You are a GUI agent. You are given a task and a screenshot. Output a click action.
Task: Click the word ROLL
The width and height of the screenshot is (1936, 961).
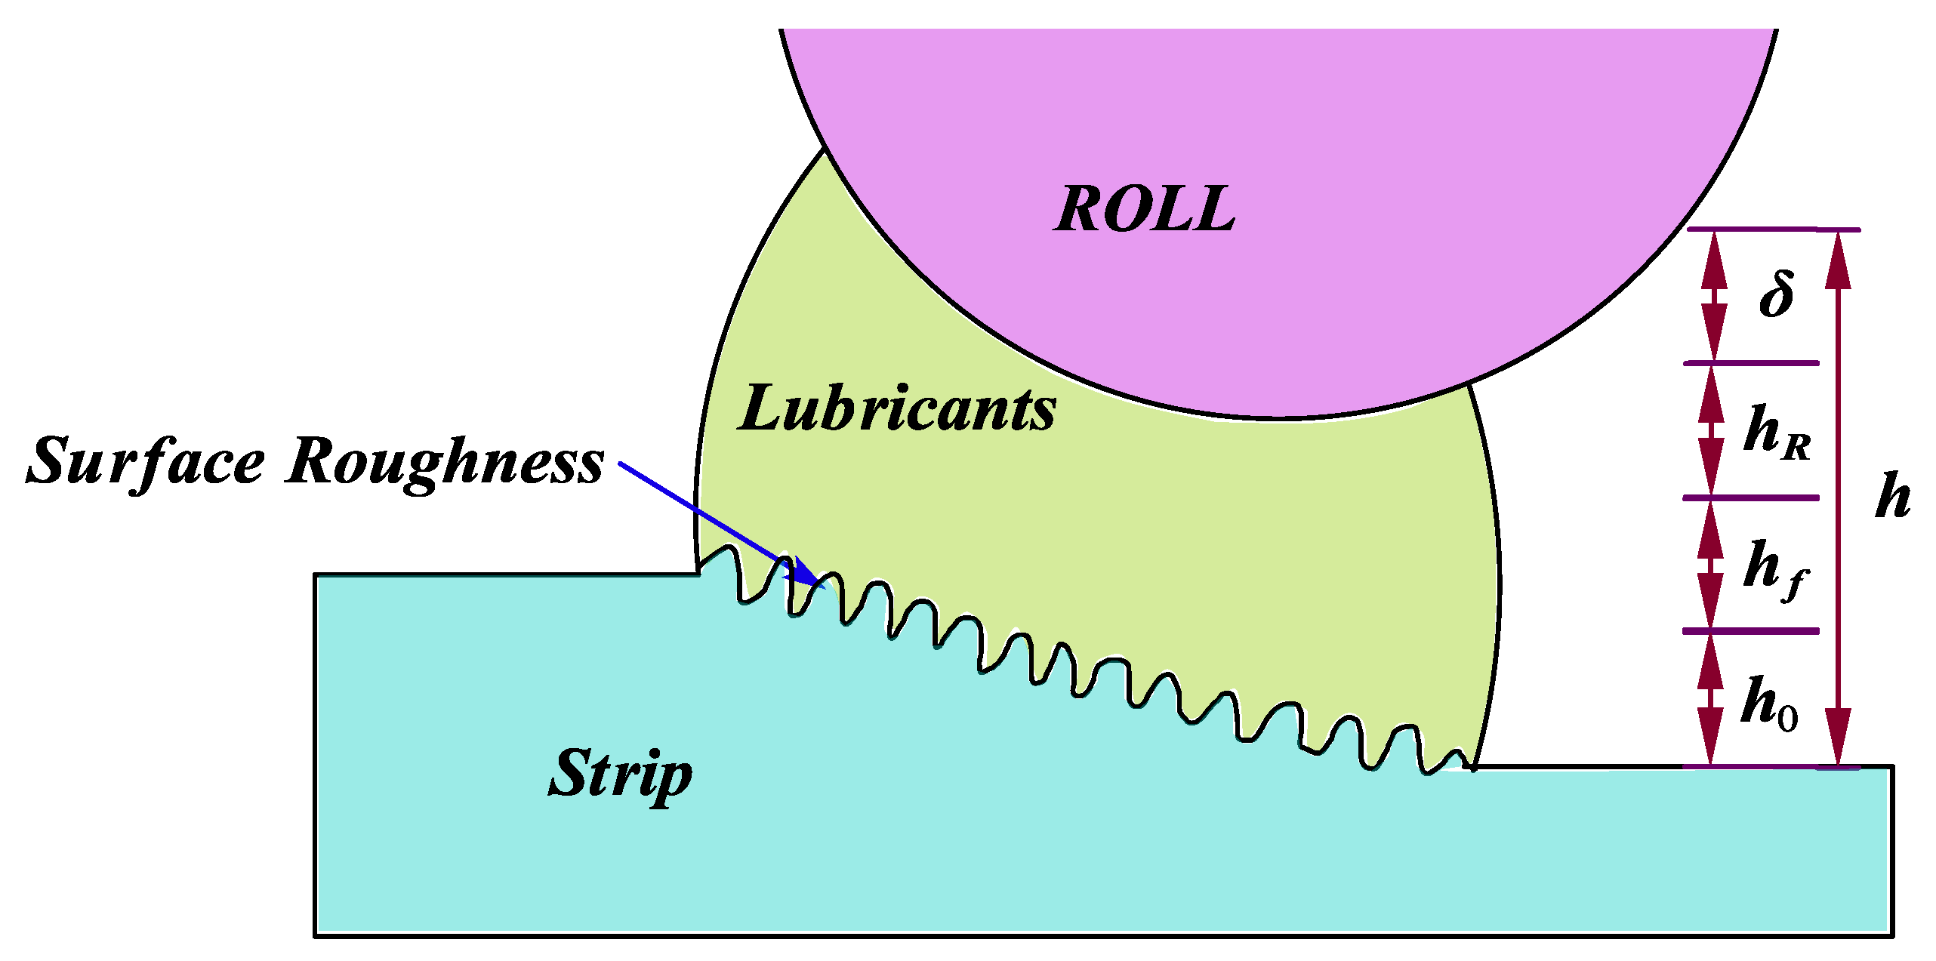point(1145,209)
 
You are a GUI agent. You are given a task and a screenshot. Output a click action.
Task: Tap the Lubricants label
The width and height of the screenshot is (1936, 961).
point(897,408)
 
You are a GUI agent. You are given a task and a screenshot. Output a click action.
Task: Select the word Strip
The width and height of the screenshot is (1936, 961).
point(620,773)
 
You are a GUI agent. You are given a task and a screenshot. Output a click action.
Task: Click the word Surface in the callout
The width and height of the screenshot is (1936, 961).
point(146,461)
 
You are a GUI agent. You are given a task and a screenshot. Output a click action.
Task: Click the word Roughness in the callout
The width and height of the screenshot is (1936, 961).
point(445,461)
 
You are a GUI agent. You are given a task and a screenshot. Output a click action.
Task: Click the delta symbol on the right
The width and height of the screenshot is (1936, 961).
point(1777,294)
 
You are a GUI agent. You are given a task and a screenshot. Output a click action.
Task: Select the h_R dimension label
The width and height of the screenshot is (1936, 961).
point(1777,431)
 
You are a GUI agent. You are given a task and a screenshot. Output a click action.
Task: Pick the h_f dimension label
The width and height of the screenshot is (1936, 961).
point(1775,568)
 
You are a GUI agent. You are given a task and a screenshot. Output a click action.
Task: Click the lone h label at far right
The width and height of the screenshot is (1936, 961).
point(1893,495)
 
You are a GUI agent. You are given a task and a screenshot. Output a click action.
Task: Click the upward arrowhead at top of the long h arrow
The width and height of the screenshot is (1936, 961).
point(1839,260)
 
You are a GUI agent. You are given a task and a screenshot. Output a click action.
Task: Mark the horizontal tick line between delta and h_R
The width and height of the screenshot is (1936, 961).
point(1751,363)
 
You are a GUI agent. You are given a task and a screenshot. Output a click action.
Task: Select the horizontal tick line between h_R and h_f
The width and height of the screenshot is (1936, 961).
point(1751,497)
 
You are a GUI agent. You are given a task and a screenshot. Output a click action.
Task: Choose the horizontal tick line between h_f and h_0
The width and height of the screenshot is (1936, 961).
point(1751,630)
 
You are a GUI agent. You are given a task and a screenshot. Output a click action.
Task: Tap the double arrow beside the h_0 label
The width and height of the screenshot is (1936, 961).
point(1711,699)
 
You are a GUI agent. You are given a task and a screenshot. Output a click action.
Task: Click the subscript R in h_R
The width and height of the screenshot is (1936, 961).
point(1797,448)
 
